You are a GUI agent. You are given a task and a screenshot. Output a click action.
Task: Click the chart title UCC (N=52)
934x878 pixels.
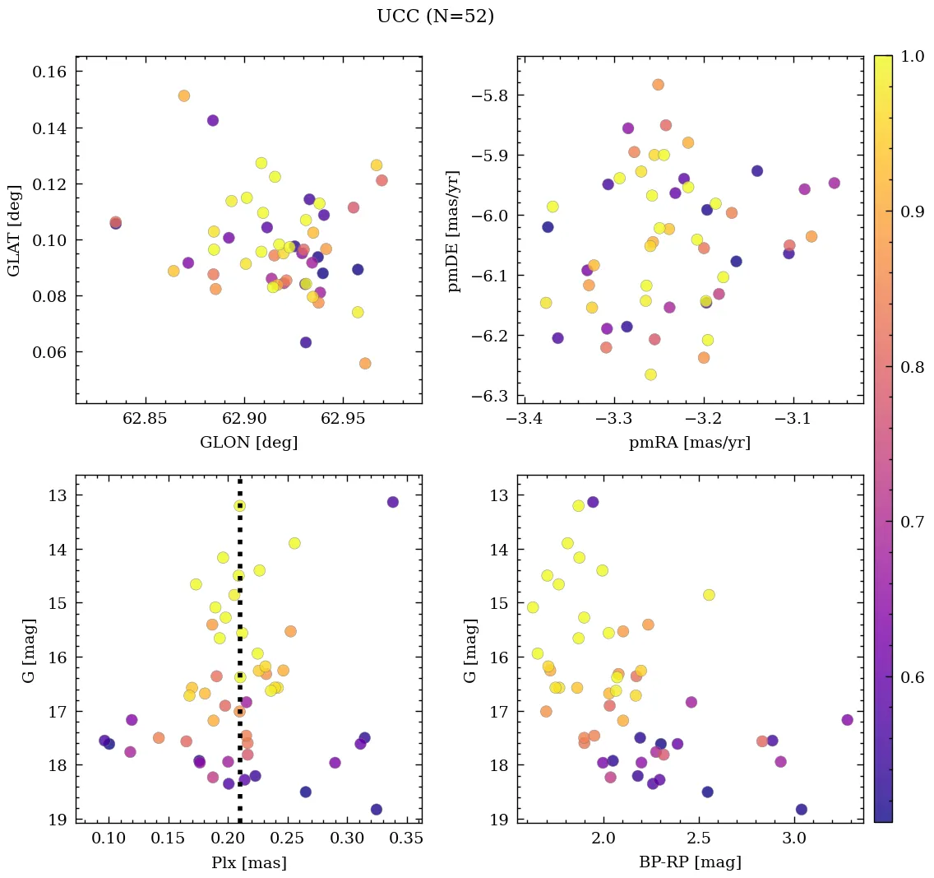coord(435,16)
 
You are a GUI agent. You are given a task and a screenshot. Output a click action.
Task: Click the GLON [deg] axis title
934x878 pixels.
coord(248,443)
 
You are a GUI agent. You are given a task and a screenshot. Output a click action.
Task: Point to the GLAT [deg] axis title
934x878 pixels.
coord(14,230)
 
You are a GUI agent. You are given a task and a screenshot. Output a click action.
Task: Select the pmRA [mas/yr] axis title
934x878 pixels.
coord(689,443)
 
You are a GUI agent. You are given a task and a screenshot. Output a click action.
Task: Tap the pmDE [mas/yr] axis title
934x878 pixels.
coord(453,230)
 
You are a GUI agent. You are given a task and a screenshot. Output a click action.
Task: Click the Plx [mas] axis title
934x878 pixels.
coord(248,863)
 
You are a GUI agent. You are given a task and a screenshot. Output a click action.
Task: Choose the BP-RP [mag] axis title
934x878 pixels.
coord(689,863)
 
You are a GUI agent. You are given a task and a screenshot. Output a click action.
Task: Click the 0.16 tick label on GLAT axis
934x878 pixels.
coord(49,72)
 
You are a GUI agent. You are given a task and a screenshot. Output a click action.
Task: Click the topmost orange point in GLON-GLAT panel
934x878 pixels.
coord(184,96)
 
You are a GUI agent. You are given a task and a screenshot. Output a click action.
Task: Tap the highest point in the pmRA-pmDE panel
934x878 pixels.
coord(658,85)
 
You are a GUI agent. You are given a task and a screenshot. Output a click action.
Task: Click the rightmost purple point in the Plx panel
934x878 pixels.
coord(392,502)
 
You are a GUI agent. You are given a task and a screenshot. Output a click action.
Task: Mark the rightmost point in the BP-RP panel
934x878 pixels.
coord(848,720)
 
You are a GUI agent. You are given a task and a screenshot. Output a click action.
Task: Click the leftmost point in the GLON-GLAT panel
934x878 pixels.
coord(116,222)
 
